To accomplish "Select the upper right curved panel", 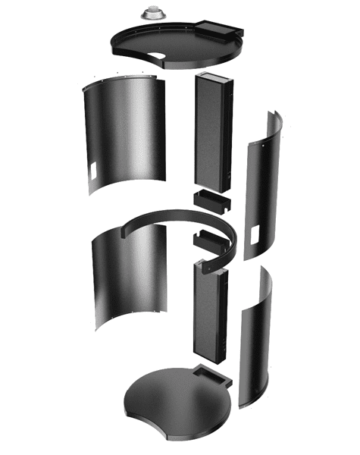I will point(261,182).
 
